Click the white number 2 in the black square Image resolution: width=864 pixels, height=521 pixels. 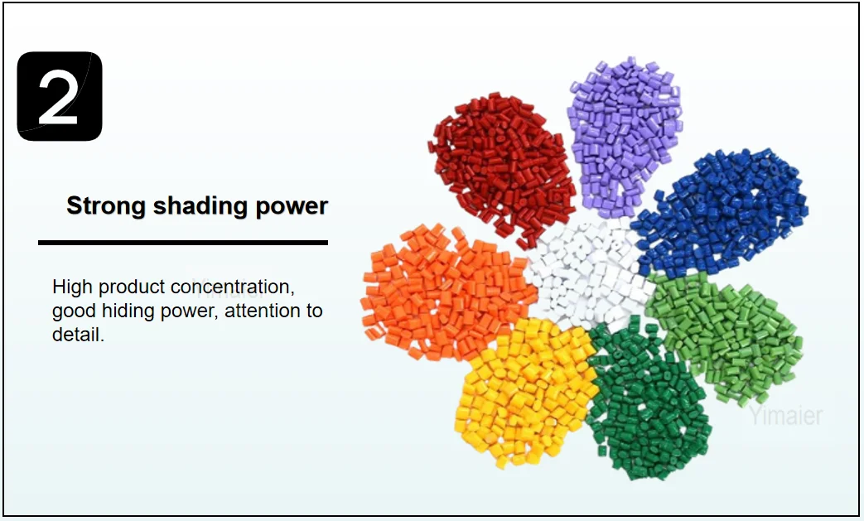(59, 97)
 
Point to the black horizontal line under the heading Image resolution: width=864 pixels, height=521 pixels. (182, 243)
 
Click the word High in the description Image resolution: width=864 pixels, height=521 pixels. (72, 287)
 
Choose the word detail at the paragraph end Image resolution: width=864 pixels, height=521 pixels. (76, 336)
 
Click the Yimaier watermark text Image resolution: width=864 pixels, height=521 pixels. (785, 416)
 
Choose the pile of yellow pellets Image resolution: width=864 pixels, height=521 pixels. (522, 389)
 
